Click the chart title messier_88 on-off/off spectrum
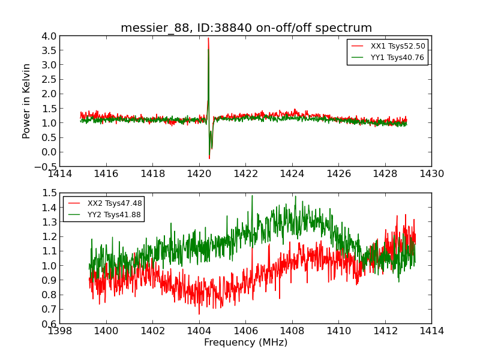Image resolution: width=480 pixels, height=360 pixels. coord(246,28)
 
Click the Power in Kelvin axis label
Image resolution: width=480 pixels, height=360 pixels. coord(26,101)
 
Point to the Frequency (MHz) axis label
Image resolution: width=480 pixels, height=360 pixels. coord(245,343)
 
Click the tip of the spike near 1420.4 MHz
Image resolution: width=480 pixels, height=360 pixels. coord(208,38)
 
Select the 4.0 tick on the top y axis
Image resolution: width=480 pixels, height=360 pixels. coord(49,36)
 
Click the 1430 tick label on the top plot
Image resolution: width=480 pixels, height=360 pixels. coord(431,174)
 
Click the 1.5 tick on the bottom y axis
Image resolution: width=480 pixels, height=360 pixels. coord(49,193)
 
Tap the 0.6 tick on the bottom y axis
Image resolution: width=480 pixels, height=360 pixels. coord(49,323)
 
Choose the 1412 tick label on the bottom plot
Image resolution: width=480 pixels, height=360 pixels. coord(385,331)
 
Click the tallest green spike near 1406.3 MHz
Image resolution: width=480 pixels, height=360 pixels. coord(252,196)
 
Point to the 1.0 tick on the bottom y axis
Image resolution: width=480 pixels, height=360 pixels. coord(49,265)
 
